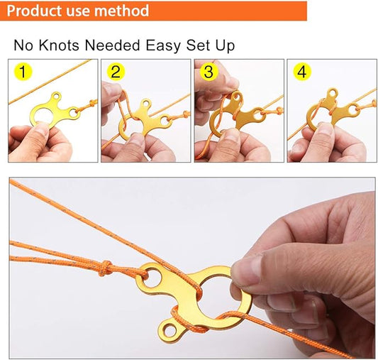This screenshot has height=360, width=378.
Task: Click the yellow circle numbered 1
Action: point(23,72)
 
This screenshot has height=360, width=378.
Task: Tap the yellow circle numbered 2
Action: point(116,72)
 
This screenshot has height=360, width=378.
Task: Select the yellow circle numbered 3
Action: point(209,72)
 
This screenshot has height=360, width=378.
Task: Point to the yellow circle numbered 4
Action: point(302,72)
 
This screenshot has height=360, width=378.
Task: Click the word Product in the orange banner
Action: point(34,11)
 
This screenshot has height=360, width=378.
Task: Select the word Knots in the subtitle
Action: point(59,45)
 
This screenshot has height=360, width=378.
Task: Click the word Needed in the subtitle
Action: point(113,45)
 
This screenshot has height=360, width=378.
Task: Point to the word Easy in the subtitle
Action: point(163,46)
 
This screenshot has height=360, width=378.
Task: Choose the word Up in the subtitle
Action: point(225,46)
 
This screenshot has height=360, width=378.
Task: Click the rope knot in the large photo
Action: point(106,268)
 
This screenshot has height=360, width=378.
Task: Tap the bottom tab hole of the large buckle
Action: point(170,330)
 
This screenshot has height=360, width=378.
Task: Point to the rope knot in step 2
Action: point(185,114)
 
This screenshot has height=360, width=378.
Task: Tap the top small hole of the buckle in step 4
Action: point(333,92)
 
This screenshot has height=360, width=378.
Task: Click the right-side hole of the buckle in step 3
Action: point(259,116)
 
